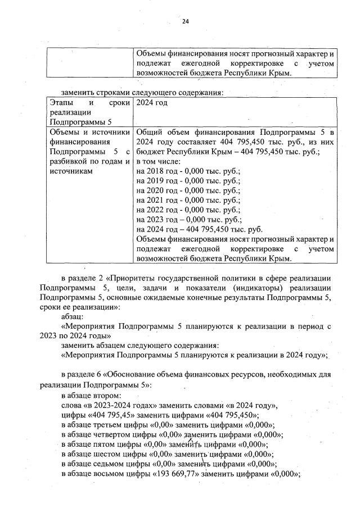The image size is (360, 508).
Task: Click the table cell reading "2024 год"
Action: tap(152, 102)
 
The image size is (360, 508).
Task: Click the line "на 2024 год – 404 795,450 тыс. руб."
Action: tap(200, 229)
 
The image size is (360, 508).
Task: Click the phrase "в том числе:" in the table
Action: tap(157, 161)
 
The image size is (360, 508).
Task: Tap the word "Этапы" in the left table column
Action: tap(60, 102)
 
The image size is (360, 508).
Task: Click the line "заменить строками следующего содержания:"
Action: tap(142, 92)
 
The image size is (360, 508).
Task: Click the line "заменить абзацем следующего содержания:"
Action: tap(140, 345)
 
